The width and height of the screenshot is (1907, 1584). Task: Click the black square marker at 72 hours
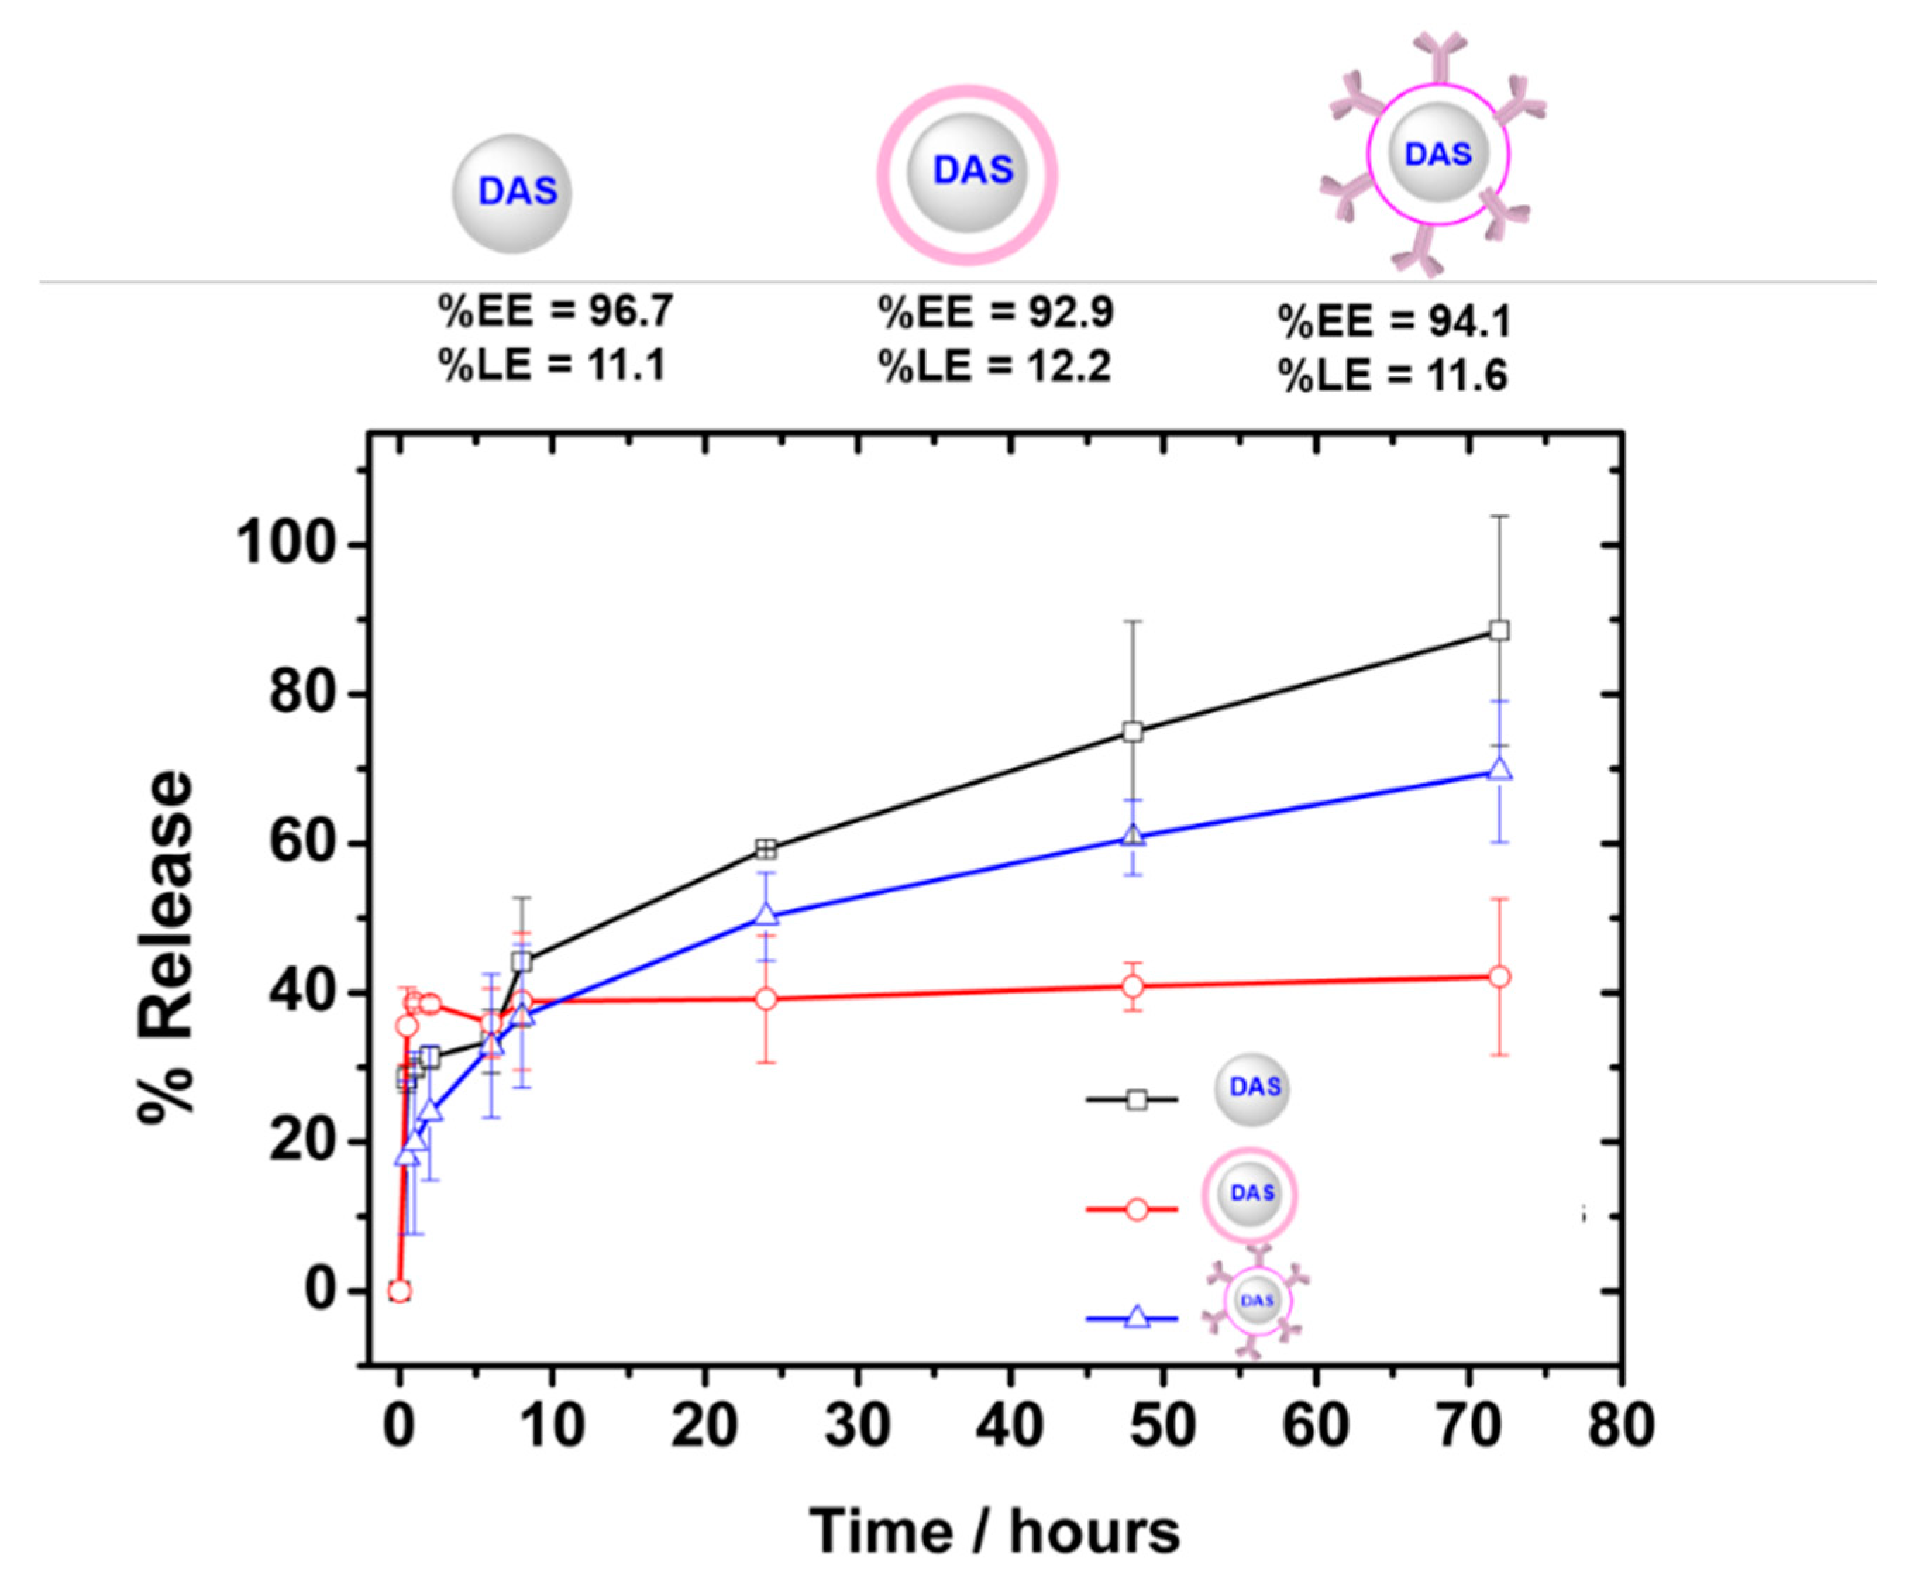(1500, 630)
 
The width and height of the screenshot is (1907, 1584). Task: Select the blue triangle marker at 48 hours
(1133, 835)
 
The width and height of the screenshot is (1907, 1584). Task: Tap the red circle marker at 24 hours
(767, 998)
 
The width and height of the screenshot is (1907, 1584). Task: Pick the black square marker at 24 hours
(767, 849)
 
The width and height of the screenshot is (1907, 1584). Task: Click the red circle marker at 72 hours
(1500, 977)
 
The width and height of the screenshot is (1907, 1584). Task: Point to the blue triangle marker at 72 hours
(1500, 769)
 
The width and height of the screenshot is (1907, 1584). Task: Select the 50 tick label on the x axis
(1164, 1426)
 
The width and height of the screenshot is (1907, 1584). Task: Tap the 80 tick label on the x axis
(1621, 1426)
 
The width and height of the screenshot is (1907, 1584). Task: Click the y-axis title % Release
(168, 948)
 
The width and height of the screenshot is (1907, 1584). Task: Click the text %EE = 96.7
(556, 311)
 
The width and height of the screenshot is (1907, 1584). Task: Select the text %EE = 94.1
(1394, 321)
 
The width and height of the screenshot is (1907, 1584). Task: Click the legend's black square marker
(1136, 1100)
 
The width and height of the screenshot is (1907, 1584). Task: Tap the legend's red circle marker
(1136, 1209)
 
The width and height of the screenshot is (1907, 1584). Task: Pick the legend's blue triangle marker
(1136, 1317)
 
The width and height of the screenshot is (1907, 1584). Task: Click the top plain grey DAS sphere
(512, 193)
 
